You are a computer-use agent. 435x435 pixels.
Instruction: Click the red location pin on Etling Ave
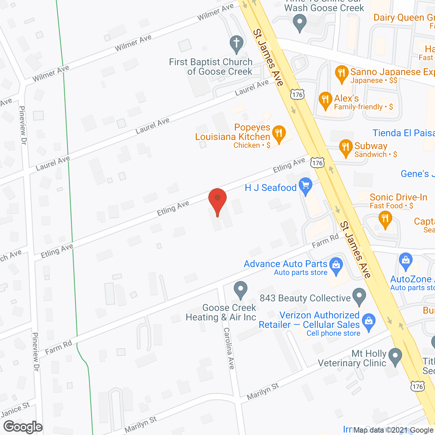(x=217, y=199)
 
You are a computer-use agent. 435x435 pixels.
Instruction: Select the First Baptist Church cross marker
(x=237, y=43)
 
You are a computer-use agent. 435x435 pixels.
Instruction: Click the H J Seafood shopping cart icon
(x=306, y=185)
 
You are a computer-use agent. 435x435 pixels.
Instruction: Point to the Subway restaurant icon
(x=346, y=147)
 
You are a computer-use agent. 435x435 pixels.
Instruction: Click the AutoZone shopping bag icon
(x=406, y=261)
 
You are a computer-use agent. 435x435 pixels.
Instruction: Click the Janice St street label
(x=15, y=410)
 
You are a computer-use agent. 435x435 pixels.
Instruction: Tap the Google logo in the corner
(x=23, y=427)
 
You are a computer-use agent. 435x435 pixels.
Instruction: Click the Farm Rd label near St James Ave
(x=325, y=241)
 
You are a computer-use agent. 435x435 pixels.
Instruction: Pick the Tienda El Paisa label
(x=404, y=133)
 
